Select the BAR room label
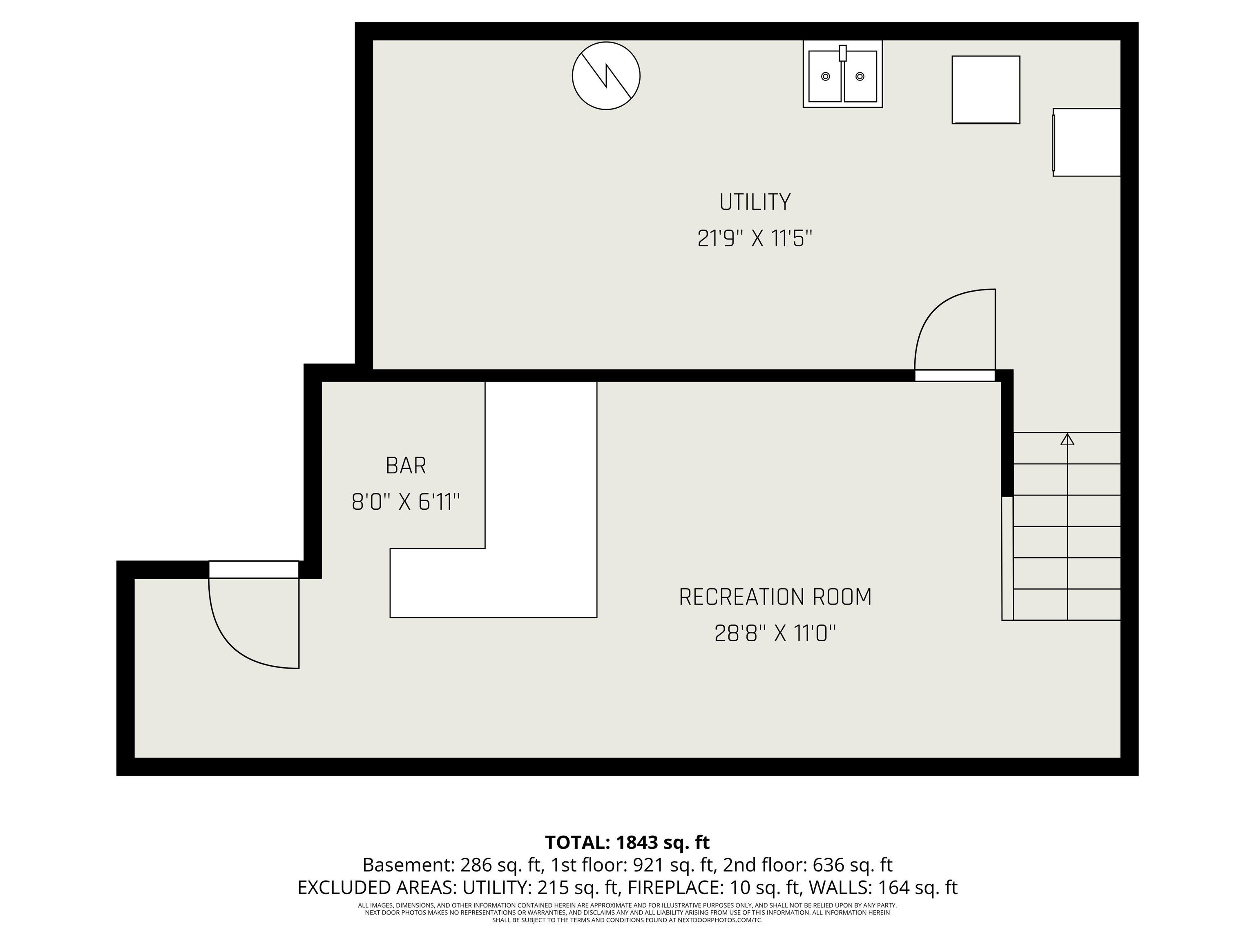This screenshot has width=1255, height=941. pyautogui.click(x=406, y=466)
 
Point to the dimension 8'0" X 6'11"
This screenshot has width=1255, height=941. pyautogui.click(x=406, y=502)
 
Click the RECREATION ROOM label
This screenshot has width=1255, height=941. pyautogui.click(x=775, y=597)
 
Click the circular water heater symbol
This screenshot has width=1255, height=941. pyautogui.click(x=606, y=76)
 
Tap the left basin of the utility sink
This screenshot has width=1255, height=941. pyautogui.click(x=825, y=76)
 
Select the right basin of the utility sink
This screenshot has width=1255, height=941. pyautogui.click(x=860, y=76)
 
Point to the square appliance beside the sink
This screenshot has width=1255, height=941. pyautogui.click(x=985, y=89)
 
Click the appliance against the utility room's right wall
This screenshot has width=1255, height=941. pyautogui.click(x=1087, y=143)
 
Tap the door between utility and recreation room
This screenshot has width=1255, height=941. pyautogui.click(x=955, y=375)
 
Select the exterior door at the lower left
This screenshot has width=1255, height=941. pyautogui.click(x=254, y=569)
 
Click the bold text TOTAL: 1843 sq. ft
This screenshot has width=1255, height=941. pyautogui.click(x=627, y=842)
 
